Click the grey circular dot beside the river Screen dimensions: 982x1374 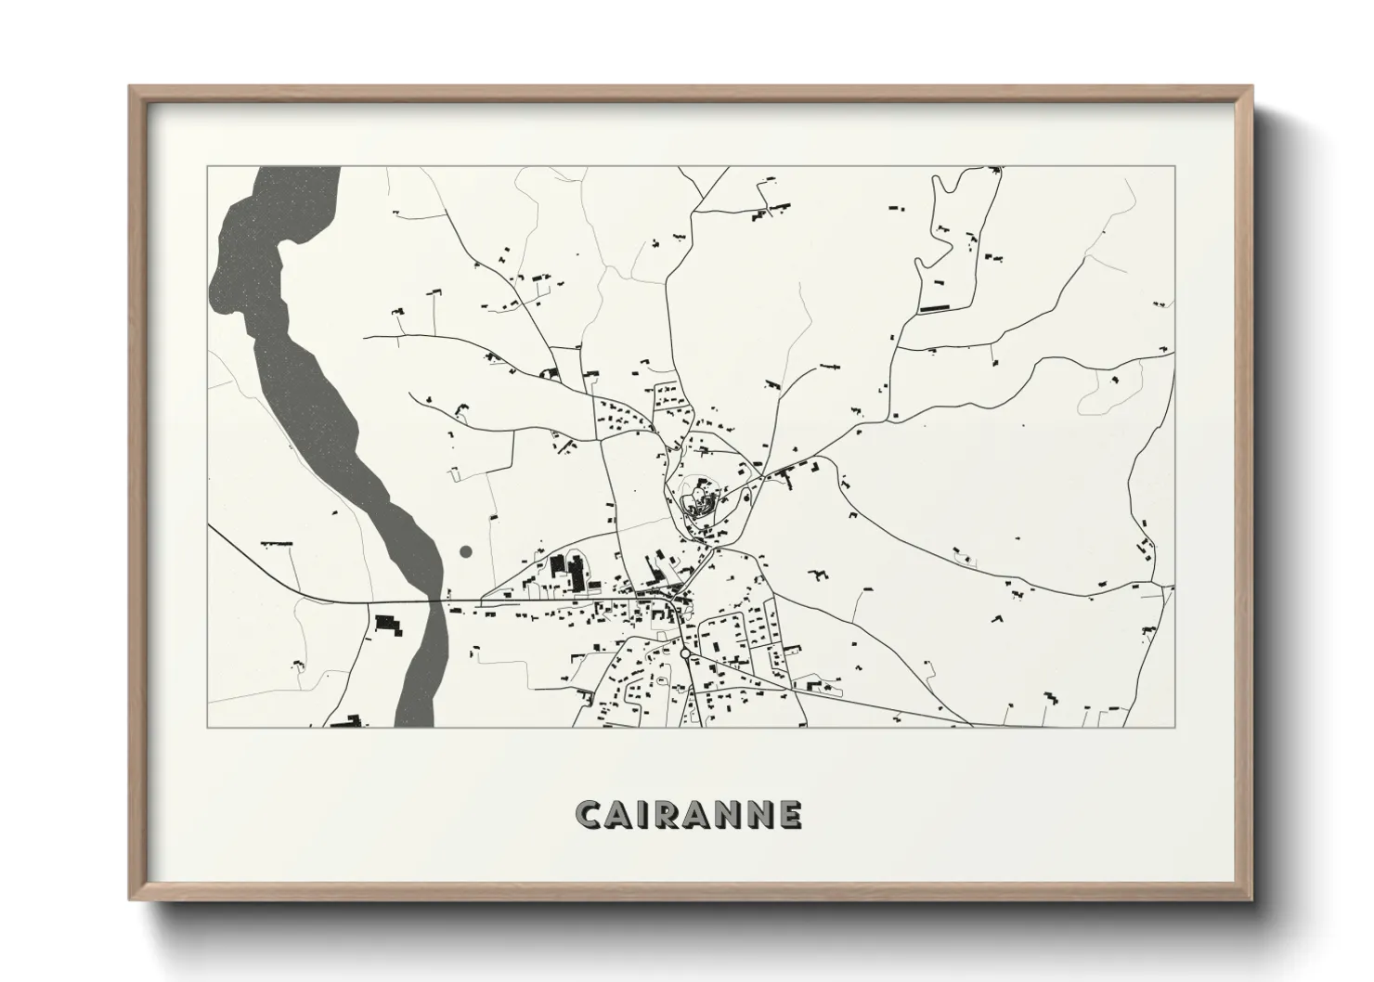click(466, 551)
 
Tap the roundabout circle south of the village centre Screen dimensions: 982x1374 click(684, 654)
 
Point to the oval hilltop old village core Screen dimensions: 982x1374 click(698, 497)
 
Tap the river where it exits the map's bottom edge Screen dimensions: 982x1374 click(415, 723)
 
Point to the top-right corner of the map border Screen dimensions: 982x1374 click(1174, 167)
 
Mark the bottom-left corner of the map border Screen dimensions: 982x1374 click(207, 727)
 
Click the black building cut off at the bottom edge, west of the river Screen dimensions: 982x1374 click(343, 721)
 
